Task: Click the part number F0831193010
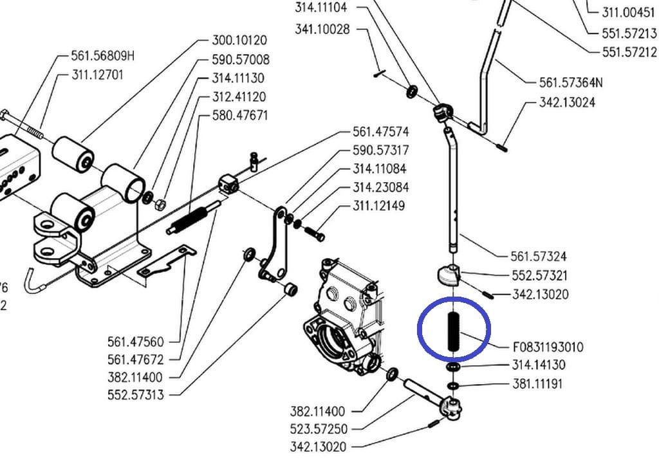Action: (x=548, y=347)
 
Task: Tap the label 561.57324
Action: (x=538, y=257)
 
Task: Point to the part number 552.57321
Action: (x=539, y=275)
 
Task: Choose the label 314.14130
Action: (x=538, y=365)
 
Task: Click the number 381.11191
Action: (x=538, y=384)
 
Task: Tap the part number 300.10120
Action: (x=239, y=41)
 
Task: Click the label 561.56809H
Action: (x=103, y=56)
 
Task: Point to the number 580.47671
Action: (x=239, y=116)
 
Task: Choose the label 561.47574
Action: (x=380, y=132)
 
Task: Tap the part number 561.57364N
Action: (x=570, y=82)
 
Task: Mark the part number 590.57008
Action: (x=240, y=60)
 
